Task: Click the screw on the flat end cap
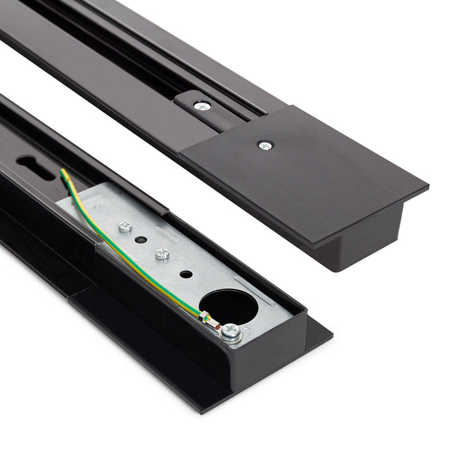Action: click(264, 146)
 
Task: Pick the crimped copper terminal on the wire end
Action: click(207, 317)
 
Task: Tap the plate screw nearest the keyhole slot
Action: click(126, 226)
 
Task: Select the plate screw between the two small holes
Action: click(162, 253)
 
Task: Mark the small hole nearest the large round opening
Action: click(185, 274)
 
